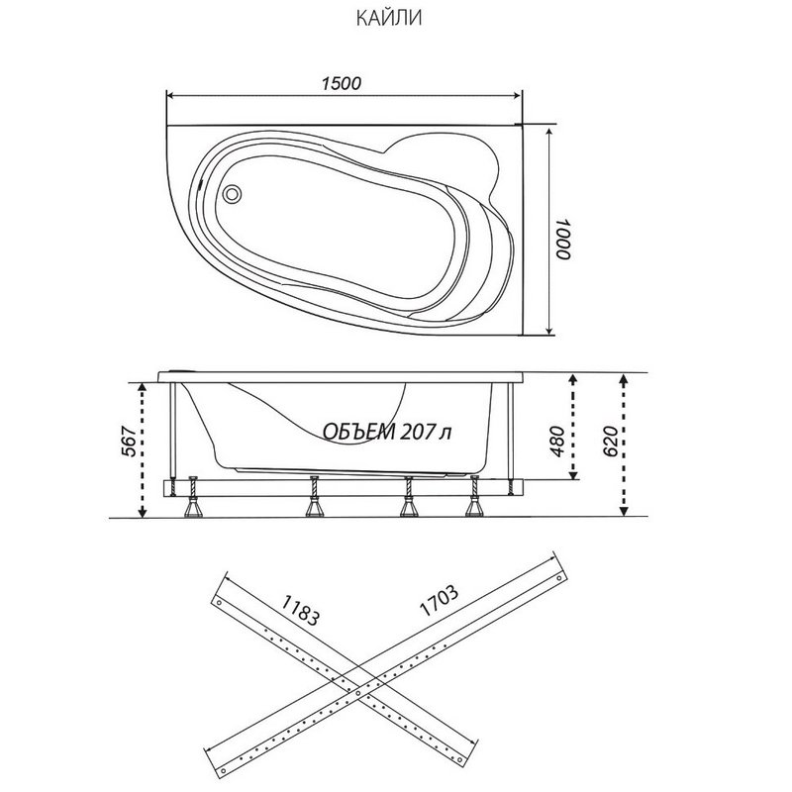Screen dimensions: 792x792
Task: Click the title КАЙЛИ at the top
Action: pos(388,19)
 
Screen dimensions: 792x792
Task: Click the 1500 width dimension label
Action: pos(342,83)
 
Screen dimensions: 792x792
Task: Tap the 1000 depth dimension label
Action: pos(563,239)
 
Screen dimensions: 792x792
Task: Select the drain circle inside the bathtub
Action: pos(233,193)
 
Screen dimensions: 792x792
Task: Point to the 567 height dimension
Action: pos(131,442)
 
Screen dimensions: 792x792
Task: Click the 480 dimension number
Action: pos(557,441)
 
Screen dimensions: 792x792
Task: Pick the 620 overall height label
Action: pos(611,441)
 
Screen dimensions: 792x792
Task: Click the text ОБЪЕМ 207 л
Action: pos(386,432)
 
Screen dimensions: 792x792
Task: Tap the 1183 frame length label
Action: pos(300,610)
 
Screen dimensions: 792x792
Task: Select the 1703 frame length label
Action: pos(439,601)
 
